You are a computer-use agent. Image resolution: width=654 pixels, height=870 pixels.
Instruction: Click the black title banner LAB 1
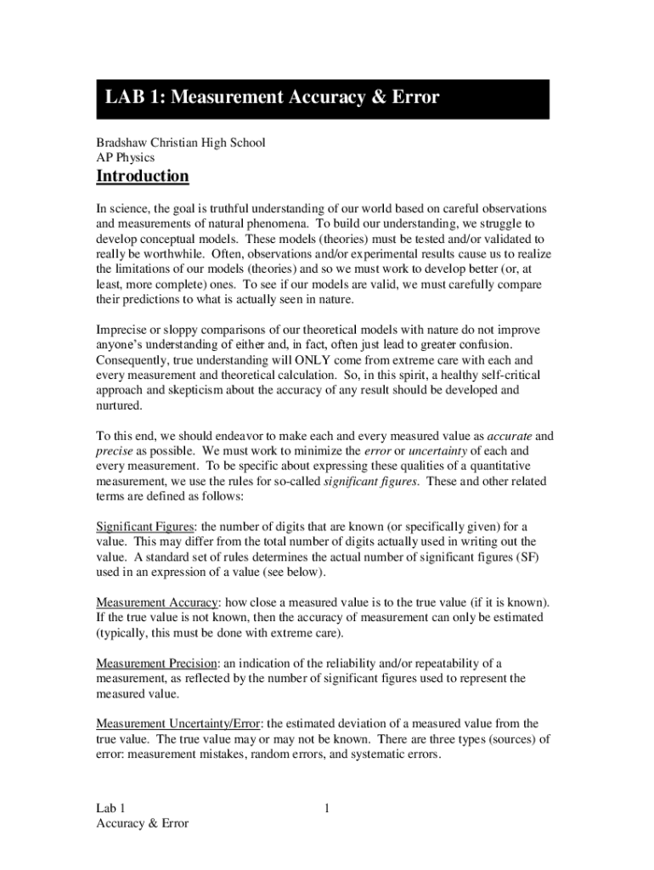click(x=323, y=99)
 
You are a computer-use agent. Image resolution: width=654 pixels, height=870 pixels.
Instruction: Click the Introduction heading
click(x=142, y=177)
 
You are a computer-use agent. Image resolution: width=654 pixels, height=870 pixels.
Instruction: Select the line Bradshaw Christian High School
click(x=180, y=142)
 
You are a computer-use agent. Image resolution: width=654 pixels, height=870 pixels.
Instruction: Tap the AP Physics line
click(x=126, y=157)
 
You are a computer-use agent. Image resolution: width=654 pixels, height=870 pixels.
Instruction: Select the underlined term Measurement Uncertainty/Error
click(x=179, y=723)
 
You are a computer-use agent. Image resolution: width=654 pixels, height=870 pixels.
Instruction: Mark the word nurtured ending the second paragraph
click(x=120, y=406)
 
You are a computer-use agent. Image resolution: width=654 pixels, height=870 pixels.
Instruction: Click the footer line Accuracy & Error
click(x=143, y=822)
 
